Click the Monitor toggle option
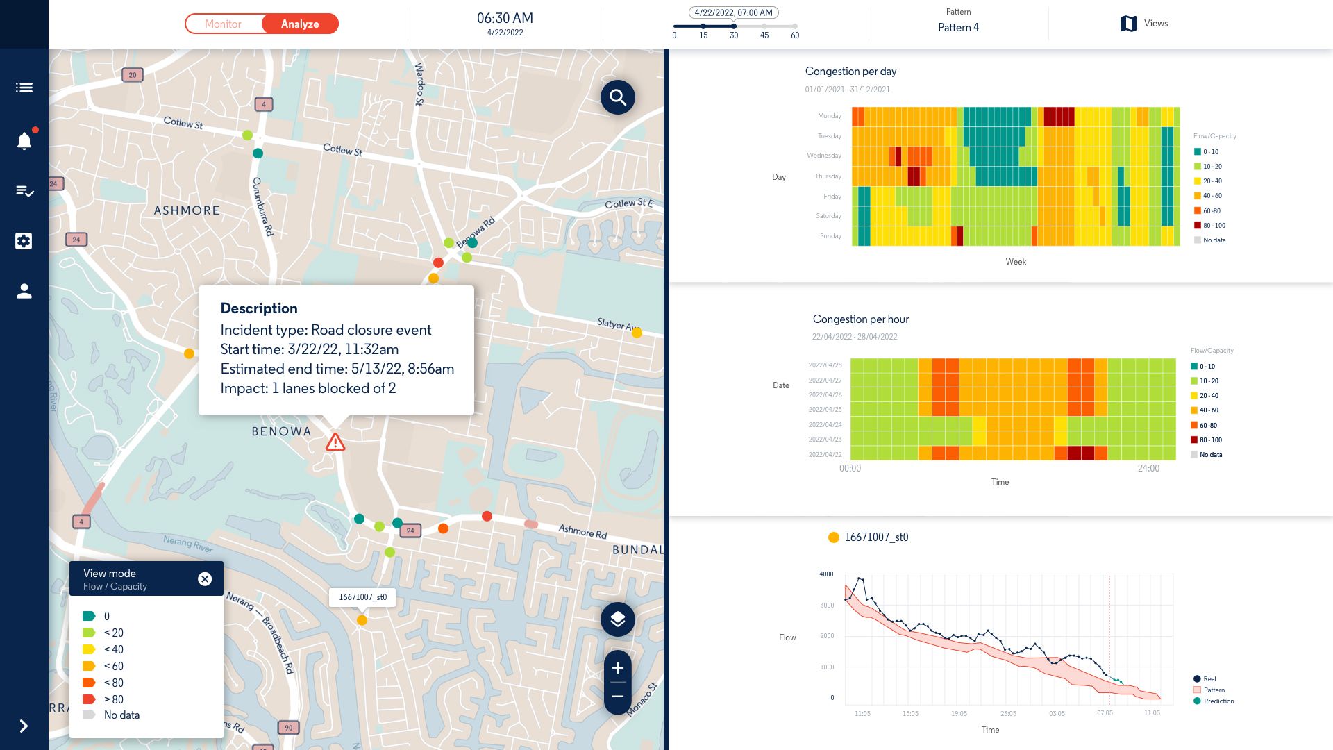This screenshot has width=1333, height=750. (223, 24)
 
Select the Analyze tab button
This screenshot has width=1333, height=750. (300, 24)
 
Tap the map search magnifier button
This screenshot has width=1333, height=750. (617, 97)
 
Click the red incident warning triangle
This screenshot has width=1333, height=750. (335, 442)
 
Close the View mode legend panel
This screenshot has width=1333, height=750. (205, 579)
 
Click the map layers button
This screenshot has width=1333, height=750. (617, 619)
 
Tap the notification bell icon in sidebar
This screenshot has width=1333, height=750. (24, 141)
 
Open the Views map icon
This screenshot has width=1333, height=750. (1129, 24)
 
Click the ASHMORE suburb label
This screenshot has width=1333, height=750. (186, 210)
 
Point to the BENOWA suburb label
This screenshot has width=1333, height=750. (281, 431)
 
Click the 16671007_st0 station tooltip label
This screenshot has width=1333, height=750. (362, 597)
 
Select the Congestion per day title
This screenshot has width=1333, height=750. (850, 71)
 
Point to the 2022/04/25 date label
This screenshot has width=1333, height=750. (825, 410)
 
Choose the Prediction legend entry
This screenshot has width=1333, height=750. (1218, 701)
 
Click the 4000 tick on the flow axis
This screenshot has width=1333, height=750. (826, 574)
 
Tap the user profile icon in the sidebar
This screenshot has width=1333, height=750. (24, 291)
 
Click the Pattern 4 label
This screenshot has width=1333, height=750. (958, 27)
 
